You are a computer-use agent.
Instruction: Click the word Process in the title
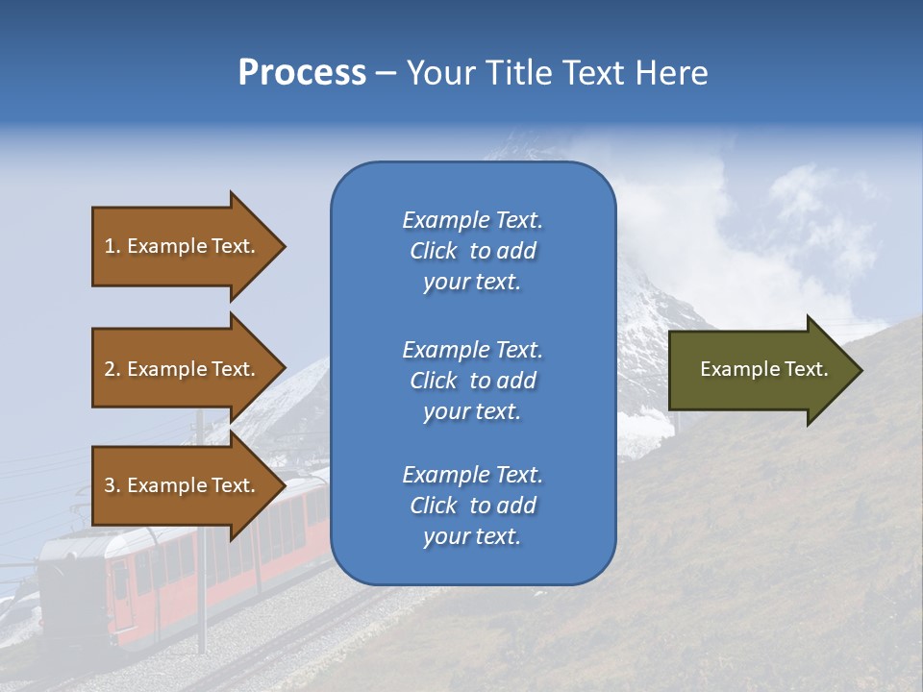coord(302,73)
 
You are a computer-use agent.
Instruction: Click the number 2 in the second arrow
coord(110,369)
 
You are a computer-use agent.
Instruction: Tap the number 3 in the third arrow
coord(110,485)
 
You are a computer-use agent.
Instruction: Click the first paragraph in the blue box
coord(472,251)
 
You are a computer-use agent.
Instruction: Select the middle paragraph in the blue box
coord(472,381)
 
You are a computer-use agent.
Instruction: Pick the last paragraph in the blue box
coord(472,506)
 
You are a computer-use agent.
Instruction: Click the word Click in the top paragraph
coord(433,251)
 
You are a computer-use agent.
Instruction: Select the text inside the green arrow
coord(763,370)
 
